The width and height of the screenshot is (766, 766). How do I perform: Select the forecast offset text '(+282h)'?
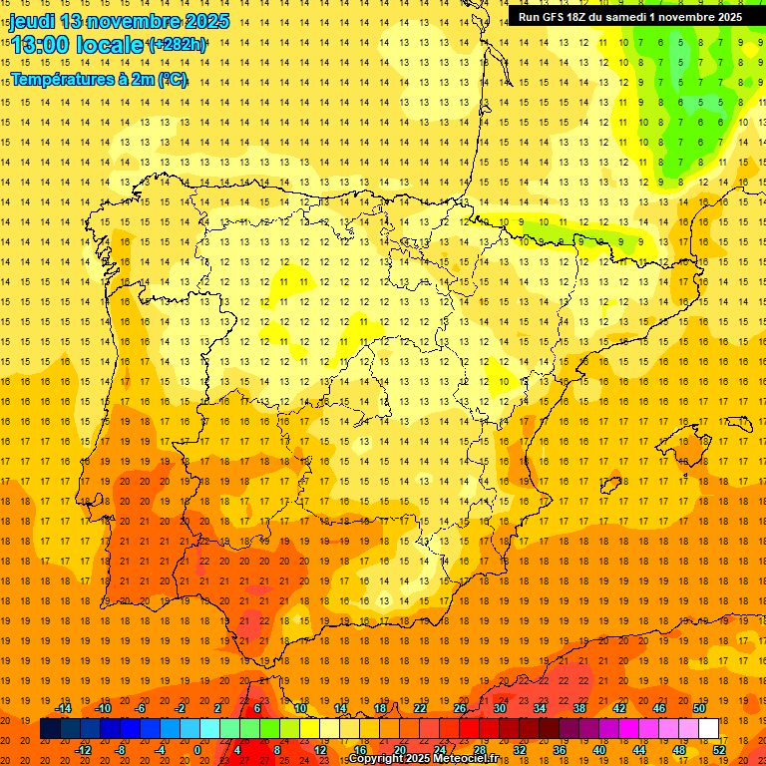(x=178, y=45)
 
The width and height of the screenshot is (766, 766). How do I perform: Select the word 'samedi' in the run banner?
(x=637, y=17)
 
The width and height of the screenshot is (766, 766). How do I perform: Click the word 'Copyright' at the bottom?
(x=378, y=759)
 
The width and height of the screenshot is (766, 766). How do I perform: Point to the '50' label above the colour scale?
(x=698, y=708)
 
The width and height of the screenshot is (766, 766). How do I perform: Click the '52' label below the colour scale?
(x=719, y=749)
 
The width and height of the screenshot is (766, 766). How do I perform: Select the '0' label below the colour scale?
(x=198, y=749)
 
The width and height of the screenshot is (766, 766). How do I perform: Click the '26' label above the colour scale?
(x=460, y=708)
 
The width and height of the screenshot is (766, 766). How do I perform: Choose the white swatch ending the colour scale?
(x=708, y=728)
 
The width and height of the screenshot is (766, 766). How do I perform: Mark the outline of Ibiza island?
(x=610, y=486)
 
